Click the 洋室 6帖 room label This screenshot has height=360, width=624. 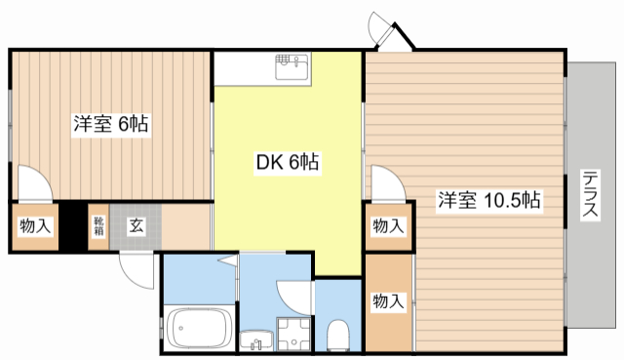pos(110,124)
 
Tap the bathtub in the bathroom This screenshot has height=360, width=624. pos(199,326)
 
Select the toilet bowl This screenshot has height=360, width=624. pos(338,334)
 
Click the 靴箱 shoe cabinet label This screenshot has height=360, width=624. pos(98,226)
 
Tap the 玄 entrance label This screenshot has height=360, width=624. pos(136,226)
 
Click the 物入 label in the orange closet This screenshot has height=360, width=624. pos(388,301)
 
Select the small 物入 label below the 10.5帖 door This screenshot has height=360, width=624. pos(388,226)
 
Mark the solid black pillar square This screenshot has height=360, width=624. pos(70,226)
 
